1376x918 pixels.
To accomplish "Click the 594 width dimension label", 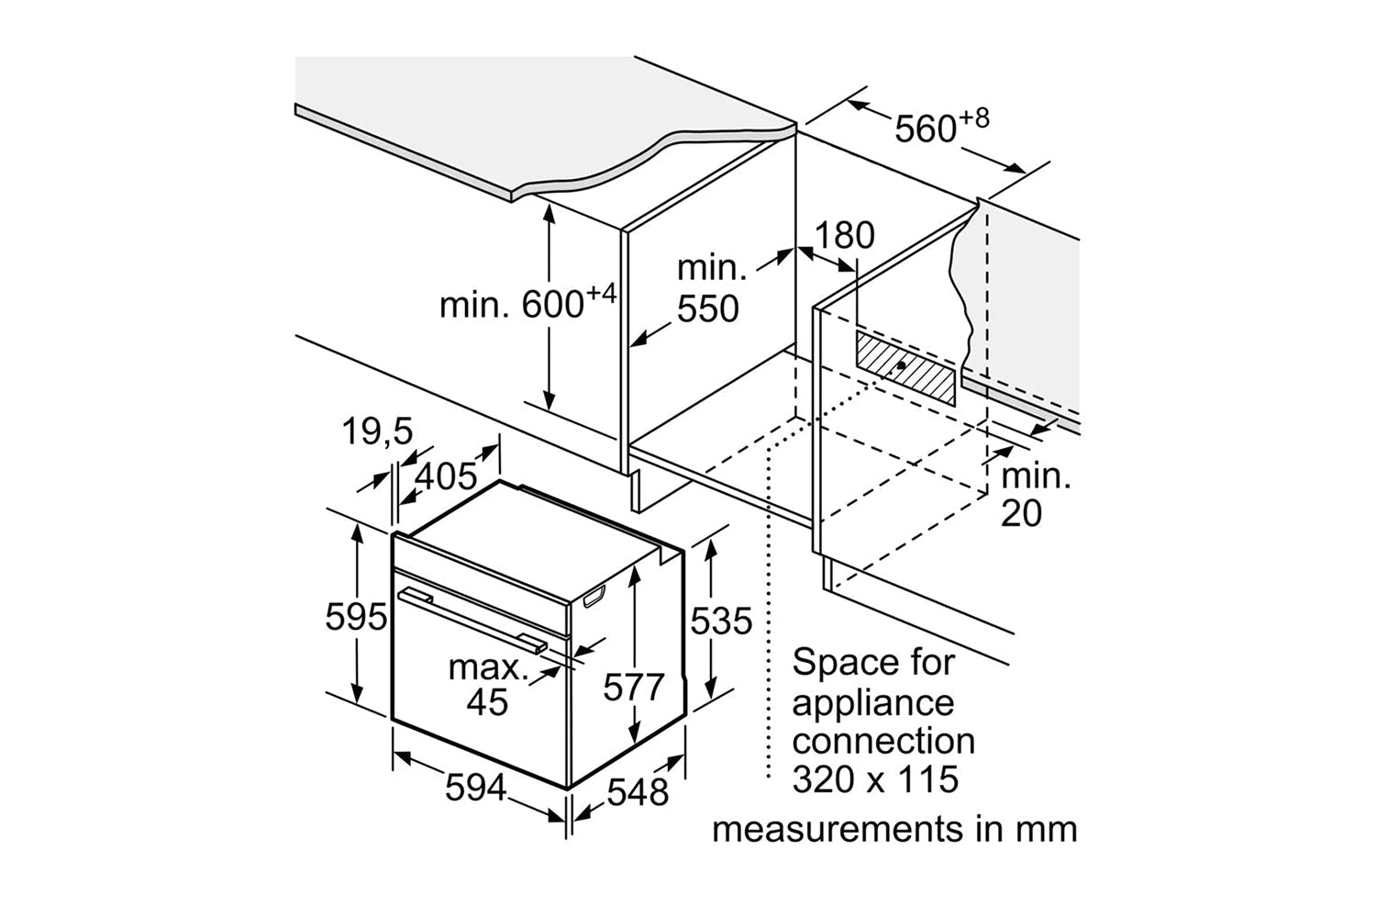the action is click(x=475, y=788).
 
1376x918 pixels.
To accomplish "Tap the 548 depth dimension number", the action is click(x=638, y=792).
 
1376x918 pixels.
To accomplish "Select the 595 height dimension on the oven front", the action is click(x=356, y=617).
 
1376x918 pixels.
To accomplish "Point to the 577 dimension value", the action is click(x=633, y=687).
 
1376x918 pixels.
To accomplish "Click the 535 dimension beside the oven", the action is click(x=721, y=621).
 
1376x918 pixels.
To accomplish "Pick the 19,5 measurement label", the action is click(x=377, y=431).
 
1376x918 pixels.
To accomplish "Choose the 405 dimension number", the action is click(x=446, y=476).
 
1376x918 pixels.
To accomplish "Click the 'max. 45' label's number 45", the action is click(x=487, y=701).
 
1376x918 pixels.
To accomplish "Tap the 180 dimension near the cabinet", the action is click(x=845, y=235).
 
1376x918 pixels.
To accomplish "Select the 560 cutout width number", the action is click(x=925, y=129).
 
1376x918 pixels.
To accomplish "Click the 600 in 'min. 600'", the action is click(x=552, y=305).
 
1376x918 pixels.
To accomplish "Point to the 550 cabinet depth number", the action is click(x=707, y=308).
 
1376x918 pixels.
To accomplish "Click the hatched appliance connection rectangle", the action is click(x=905, y=368).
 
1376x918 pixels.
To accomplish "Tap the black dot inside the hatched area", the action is click(x=901, y=365).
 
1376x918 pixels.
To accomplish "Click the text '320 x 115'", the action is click(x=875, y=779).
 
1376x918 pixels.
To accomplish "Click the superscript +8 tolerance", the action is click(x=973, y=118).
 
